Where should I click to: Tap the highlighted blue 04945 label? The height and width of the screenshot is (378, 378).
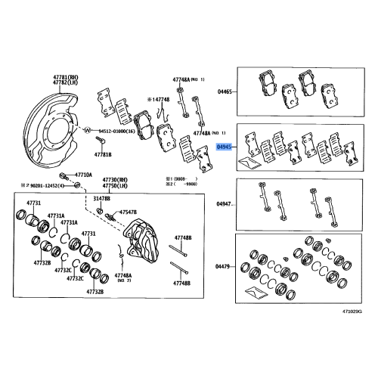pos(225,148)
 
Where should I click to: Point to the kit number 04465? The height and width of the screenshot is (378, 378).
pos(225,91)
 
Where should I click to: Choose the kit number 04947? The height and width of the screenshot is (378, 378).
pos(225,204)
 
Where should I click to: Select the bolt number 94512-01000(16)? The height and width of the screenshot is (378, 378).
pos(116,131)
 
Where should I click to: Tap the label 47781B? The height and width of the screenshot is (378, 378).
pos(103,154)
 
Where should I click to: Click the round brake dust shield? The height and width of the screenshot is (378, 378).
pos(49,121)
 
